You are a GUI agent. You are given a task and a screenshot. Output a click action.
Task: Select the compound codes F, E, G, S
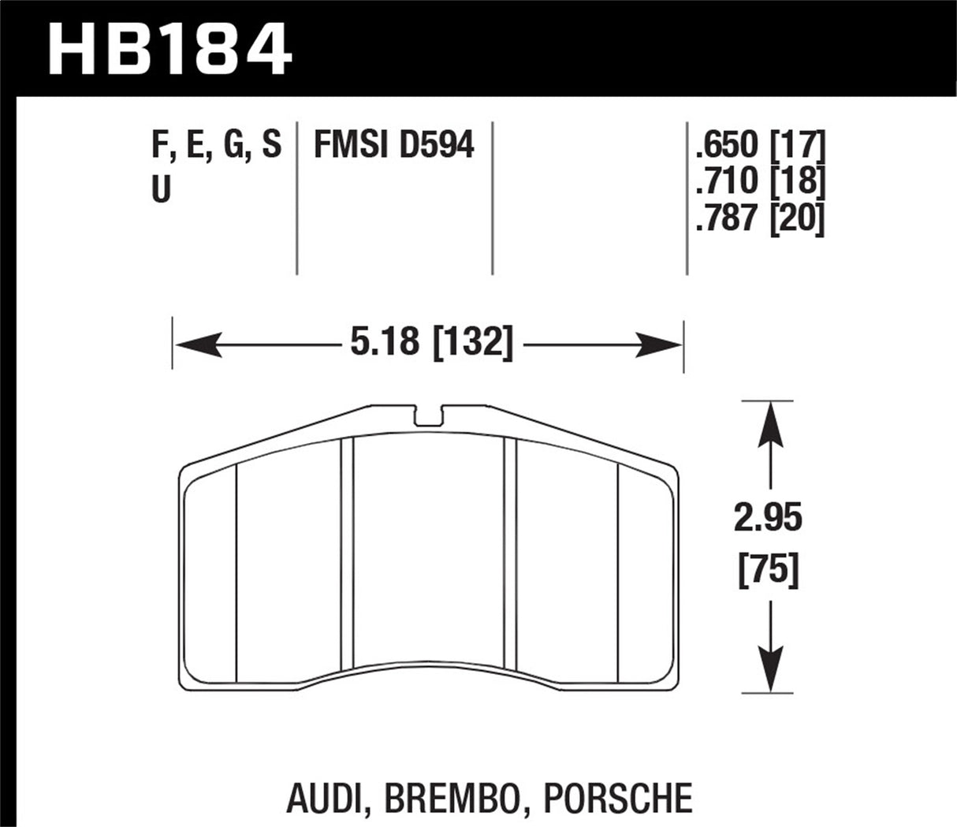[215, 146]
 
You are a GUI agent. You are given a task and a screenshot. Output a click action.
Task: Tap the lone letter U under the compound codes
[161, 190]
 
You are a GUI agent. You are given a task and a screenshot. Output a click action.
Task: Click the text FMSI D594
[394, 146]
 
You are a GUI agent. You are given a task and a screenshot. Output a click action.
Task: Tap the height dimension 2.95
[768, 518]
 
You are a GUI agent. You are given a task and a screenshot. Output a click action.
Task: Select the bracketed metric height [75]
[768, 569]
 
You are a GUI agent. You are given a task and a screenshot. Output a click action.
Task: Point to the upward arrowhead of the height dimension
[769, 423]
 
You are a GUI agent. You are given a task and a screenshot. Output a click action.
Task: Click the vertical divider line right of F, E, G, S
[296, 197]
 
